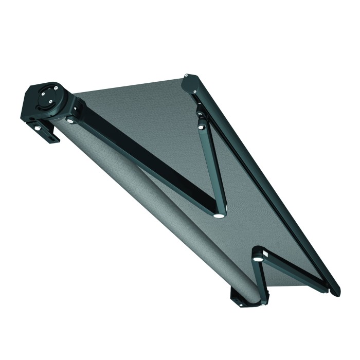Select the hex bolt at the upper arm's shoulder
pyautogui.click(x=70, y=121)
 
